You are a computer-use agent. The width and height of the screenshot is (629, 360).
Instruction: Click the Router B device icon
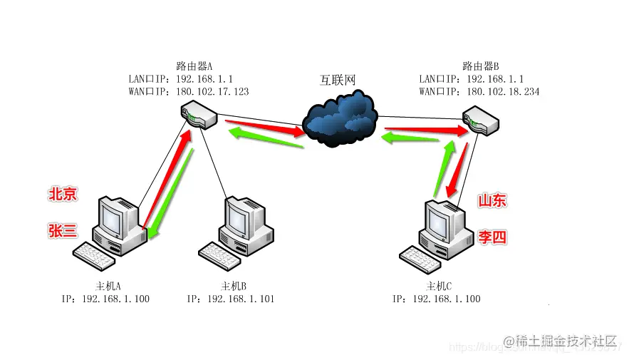pyautogui.click(x=479, y=121)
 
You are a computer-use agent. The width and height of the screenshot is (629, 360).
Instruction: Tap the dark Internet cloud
pyautogui.click(x=340, y=117)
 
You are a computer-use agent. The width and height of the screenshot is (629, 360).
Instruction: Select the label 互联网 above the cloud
pyautogui.click(x=337, y=80)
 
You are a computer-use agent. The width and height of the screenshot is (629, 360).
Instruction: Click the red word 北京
pyautogui.click(x=63, y=195)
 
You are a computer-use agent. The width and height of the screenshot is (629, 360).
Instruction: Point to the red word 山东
pyautogui.click(x=492, y=201)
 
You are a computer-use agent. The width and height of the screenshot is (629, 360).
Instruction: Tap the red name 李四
pyautogui.click(x=492, y=237)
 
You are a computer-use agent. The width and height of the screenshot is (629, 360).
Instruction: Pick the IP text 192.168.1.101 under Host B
pyautogui.click(x=240, y=299)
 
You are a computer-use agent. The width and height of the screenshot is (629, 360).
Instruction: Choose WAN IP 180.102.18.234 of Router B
pyautogui.click(x=502, y=92)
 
